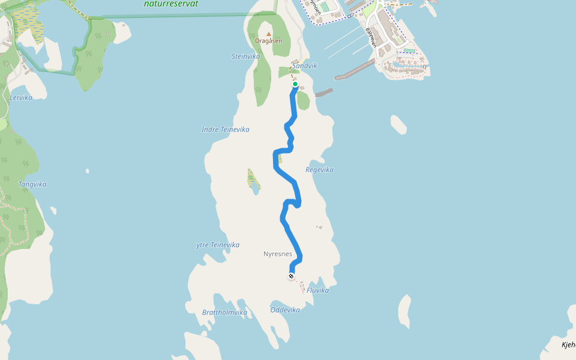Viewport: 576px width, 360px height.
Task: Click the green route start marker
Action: click(x=295, y=84)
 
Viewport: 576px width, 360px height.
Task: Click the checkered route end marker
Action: click(x=291, y=276)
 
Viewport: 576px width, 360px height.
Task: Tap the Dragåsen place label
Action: click(x=268, y=41)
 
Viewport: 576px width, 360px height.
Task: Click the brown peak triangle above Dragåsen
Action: click(x=268, y=34)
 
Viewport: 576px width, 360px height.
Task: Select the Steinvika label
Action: click(x=246, y=56)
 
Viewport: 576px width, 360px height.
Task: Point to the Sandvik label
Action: click(x=305, y=66)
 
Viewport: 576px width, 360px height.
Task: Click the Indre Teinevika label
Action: click(x=225, y=130)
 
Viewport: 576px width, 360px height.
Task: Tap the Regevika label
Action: click(x=319, y=170)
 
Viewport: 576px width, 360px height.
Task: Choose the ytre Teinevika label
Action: click(x=218, y=245)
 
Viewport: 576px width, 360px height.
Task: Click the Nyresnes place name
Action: click(x=277, y=254)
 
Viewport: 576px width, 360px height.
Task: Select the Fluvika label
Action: click(x=318, y=290)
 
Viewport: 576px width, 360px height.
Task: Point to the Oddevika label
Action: click(x=285, y=310)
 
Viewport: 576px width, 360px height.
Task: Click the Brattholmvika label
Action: click(x=224, y=313)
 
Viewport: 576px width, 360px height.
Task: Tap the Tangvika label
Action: click(x=32, y=184)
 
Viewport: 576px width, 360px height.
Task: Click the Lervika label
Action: click(x=21, y=97)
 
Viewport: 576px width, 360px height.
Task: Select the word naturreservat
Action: click(x=171, y=4)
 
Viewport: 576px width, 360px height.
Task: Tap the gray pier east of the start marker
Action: click(x=323, y=93)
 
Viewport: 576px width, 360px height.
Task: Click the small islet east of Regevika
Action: click(x=398, y=124)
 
